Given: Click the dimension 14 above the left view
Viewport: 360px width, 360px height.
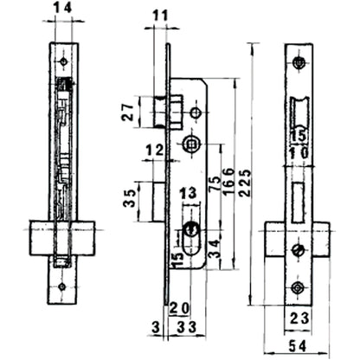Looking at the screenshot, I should coord(61,10).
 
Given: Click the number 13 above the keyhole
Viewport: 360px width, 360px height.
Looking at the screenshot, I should coord(188,193).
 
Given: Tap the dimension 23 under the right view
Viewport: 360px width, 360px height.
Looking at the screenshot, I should coord(299,318).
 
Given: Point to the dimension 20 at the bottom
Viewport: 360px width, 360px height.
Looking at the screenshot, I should coord(179,308).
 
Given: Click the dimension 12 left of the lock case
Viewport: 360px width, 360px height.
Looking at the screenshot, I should coord(156,151).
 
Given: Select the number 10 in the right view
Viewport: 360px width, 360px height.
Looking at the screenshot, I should coord(299,153).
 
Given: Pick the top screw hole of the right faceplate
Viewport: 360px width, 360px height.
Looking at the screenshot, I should coord(299,62).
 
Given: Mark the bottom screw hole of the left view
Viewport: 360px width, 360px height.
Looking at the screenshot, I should coord(62,288).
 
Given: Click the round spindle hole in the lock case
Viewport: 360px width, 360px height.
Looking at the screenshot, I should coord(190,143).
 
